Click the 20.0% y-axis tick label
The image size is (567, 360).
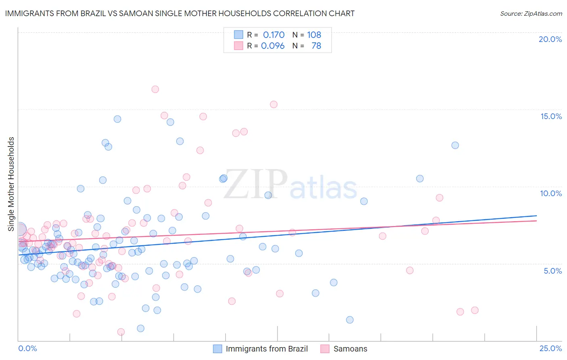(550, 39)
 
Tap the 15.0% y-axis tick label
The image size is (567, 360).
(551, 116)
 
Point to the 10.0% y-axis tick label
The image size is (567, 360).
(551, 193)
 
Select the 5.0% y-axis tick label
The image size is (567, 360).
(552, 271)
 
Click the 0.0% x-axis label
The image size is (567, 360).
(27, 348)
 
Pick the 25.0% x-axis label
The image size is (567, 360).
(550, 348)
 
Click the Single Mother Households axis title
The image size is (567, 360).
(11, 184)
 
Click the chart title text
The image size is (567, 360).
(180, 13)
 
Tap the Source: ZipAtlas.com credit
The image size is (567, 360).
(531, 13)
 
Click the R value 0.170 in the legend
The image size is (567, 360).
(273, 35)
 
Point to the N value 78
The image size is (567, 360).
(316, 46)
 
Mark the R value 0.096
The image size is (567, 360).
(273, 46)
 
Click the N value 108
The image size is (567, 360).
(314, 35)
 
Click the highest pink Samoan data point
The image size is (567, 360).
(155, 89)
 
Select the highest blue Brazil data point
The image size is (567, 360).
(117, 119)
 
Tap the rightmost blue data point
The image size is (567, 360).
(455, 145)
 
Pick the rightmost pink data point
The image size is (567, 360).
(475, 310)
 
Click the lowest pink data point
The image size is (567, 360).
(121, 332)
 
